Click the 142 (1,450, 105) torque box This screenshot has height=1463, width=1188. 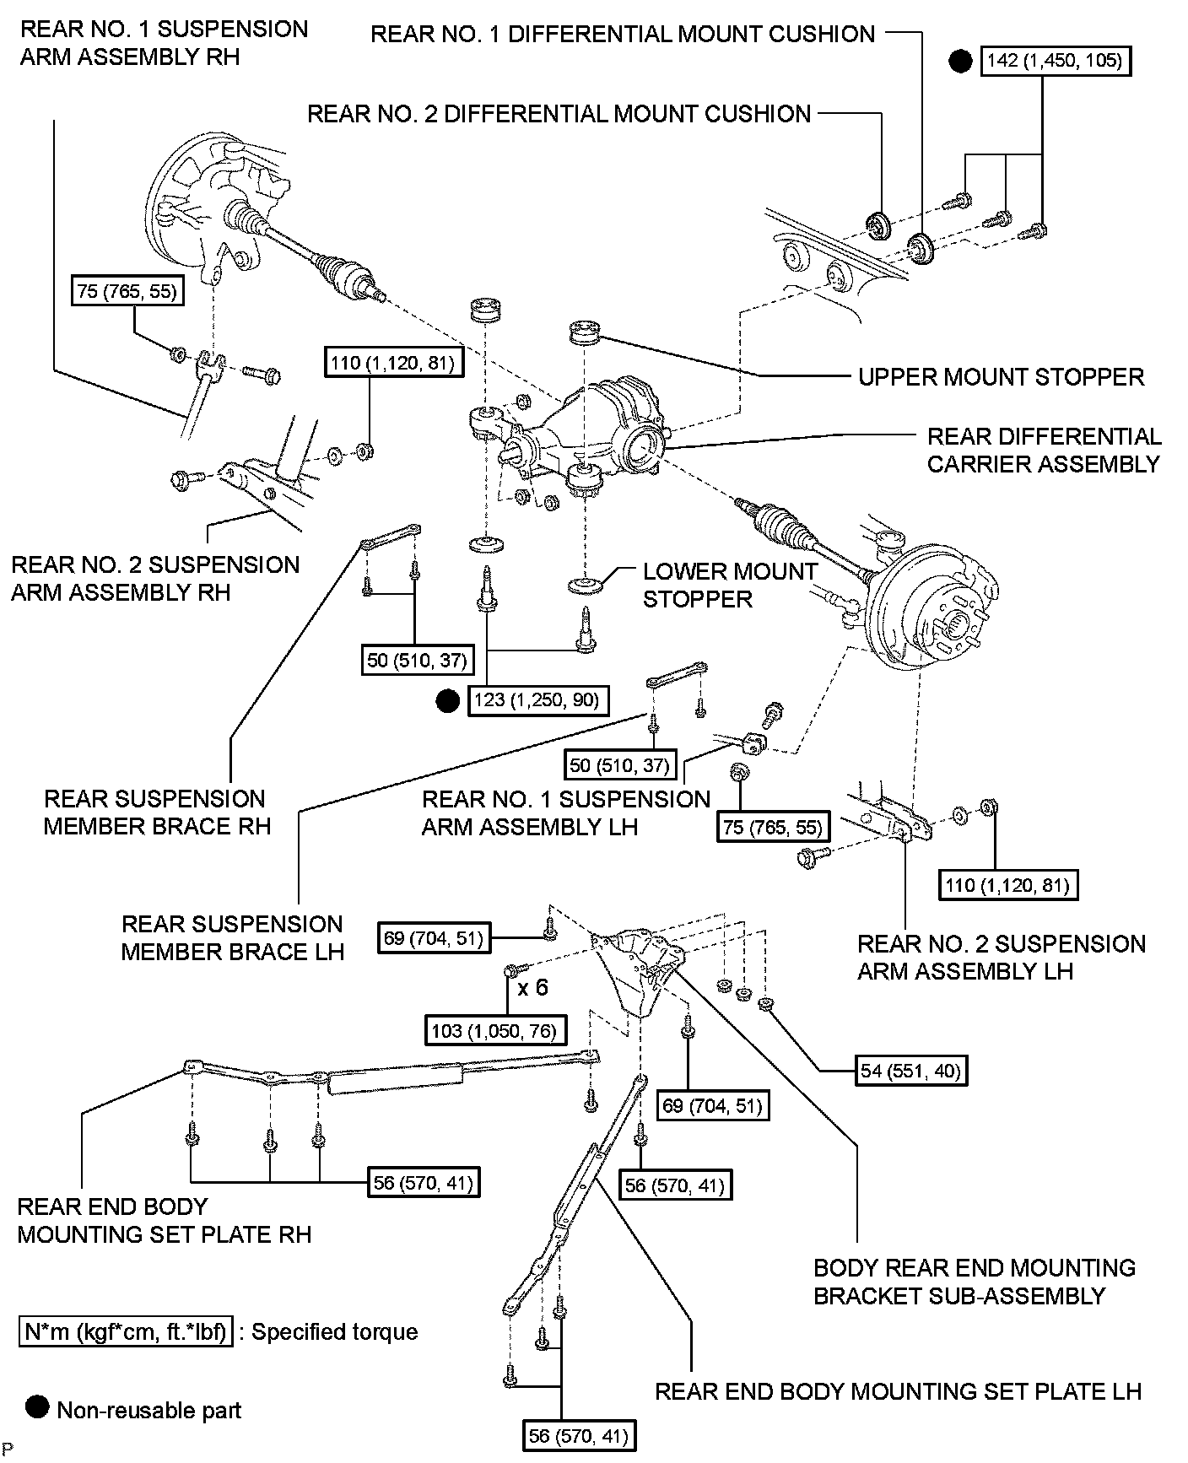(x=1055, y=61)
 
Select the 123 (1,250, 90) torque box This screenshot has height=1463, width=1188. (x=538, y=700)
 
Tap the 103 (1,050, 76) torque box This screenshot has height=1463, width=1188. (x=495, y=1030)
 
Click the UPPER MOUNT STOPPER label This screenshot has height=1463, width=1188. (x=1001, y=376)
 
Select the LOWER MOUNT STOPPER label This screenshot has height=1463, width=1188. (x=730, y=585)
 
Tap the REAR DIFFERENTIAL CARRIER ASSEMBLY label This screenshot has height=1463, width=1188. (x=1044, y=450)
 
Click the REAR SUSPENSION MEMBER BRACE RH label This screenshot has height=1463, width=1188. (x=157, y=812)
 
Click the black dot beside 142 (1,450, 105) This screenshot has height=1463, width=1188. (x=960, y=61)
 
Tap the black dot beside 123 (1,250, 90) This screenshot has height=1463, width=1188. (x=447, y=700)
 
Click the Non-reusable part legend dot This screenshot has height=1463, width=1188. (x=38, y=1408)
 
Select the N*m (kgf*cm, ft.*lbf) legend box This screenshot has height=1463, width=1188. (x=126, y=1331)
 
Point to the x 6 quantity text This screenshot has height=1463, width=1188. (x=533, y=986)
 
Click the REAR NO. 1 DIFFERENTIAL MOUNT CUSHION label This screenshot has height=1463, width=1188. (x=624, y=34)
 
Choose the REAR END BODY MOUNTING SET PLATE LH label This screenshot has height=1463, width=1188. (x=898, y=1390)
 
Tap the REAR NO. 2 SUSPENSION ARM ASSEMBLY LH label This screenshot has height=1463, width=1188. (x=1002, y=957)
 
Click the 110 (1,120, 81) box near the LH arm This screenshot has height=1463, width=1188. (x=1008, y=884)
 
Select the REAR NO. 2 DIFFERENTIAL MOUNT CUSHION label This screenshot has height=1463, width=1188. (x=559, y=114)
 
